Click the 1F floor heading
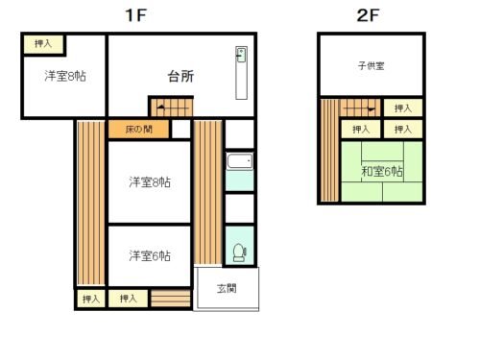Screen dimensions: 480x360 [136, 15]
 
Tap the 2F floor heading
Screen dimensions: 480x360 [368, 15]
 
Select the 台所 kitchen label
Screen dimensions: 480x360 [180, 76]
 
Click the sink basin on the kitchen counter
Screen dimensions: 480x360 [241, 55]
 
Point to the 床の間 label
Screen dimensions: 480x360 [138, 130]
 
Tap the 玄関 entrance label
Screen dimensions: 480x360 [227, 288]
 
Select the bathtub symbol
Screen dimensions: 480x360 [240, 161]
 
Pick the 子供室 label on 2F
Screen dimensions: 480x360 [371, 66]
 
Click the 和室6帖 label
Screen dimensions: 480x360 [382, 171]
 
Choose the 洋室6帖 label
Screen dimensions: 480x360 [150, 255]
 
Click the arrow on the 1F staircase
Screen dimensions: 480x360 [173, 108]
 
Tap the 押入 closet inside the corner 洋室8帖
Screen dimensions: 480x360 [43, 44]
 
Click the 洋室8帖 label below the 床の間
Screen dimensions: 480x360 [150, 182]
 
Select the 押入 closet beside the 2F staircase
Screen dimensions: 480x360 [403, 108]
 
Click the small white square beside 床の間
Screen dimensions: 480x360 [181, 129]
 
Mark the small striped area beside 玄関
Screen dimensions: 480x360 [171, 299]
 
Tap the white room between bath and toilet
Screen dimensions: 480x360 [240, 208]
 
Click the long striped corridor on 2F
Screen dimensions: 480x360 [329, 151]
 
